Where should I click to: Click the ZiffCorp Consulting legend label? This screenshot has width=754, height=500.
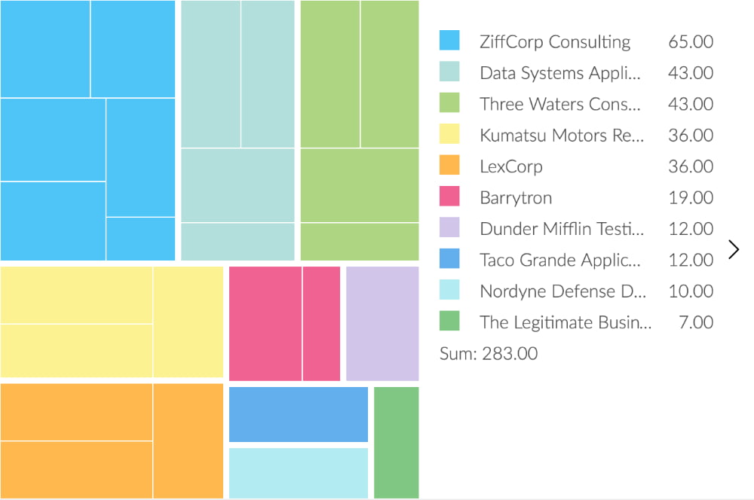555,41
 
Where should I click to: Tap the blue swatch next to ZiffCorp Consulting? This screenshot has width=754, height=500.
449,41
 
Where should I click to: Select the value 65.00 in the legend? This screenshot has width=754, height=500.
691,41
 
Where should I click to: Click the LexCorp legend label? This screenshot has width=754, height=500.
510,166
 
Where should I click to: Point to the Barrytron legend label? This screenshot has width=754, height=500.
516,198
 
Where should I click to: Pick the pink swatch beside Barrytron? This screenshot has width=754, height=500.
449,197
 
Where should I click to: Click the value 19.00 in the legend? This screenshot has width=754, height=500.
691,198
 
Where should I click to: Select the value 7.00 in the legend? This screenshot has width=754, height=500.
696,322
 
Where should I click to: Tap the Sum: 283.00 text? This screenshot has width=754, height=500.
489,353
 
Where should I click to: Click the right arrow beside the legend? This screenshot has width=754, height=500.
734,249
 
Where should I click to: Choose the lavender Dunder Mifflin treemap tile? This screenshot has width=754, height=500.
382,323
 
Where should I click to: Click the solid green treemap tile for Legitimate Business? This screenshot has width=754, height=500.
397,442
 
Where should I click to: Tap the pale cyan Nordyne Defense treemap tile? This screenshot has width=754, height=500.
299,473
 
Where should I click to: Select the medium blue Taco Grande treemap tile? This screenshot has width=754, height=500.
299,414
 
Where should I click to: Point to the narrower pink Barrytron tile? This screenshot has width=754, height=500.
322,323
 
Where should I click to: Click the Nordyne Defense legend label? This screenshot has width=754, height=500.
562,291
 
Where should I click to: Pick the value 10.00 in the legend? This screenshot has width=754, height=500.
691,291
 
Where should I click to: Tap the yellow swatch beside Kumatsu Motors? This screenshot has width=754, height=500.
449,135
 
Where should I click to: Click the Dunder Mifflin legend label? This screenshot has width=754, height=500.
562,229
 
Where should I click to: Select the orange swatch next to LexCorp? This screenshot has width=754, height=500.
449,166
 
